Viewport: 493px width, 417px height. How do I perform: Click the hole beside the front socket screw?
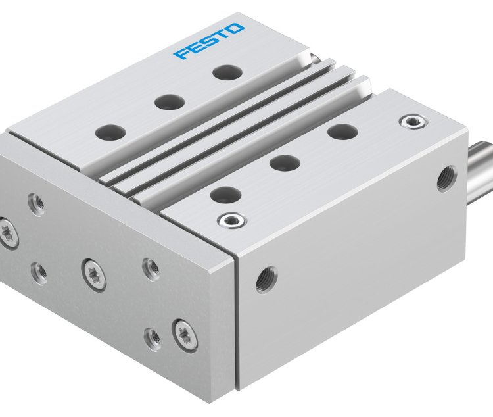point(225,194)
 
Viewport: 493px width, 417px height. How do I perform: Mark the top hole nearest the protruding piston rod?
point(340,131)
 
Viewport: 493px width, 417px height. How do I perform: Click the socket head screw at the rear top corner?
point(411,121)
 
